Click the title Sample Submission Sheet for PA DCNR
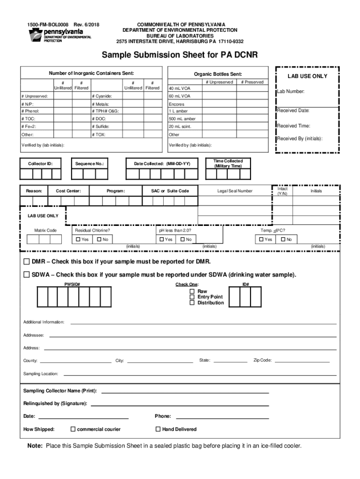[180, 56]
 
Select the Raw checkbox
[192, 291]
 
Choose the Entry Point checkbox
[192, 297]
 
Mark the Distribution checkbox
[192, 303]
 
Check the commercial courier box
[73, 429]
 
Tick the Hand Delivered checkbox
[158, 429]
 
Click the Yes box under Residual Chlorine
[78, 239]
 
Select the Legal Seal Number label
[235, 191]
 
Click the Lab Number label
[291, 92]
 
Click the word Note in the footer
[35, 446]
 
